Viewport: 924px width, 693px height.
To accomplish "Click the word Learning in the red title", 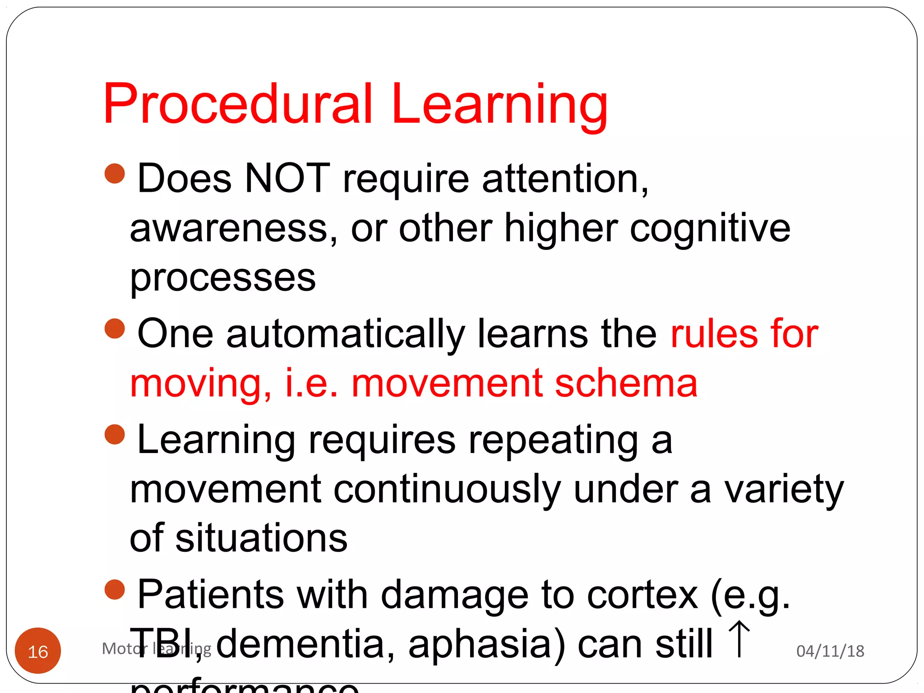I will (499, 106).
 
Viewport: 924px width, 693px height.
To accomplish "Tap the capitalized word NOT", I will (287, 179).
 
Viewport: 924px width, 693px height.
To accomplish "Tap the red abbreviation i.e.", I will (311, 383).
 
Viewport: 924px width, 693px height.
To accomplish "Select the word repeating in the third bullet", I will (553, 440).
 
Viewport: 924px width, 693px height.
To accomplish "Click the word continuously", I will (447, 490).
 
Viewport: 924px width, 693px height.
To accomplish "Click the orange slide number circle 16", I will (38, 651).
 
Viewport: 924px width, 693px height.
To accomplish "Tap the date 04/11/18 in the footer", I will (830, 651).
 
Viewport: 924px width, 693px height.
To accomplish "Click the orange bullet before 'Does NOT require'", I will (115, 174).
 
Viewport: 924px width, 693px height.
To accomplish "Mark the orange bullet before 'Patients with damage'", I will (115, 590).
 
